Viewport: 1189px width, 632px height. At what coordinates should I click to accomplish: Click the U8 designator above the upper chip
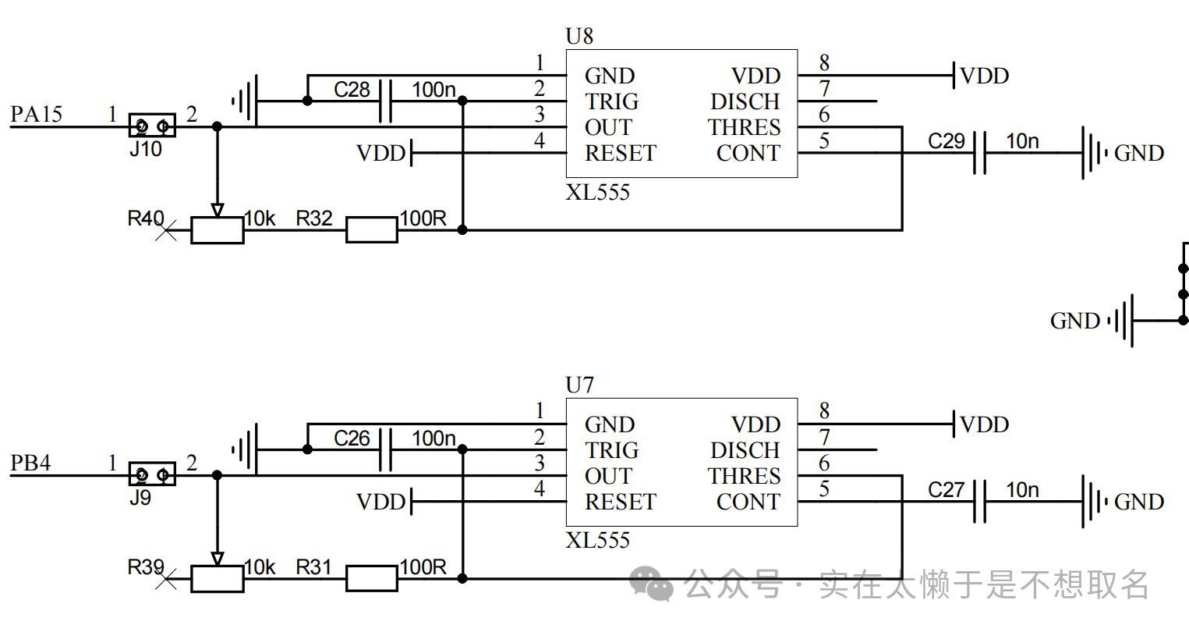(579, 36)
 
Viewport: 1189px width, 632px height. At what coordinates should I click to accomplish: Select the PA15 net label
(36, 114)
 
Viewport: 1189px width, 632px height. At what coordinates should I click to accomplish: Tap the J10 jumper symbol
(152, 126)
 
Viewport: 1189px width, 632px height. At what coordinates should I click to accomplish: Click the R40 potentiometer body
(217, 230)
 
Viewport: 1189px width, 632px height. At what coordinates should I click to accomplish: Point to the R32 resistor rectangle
(372, 229)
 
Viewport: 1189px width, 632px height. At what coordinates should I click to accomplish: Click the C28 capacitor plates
(386, 101)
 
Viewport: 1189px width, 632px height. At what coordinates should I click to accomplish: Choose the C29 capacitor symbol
(980, 153)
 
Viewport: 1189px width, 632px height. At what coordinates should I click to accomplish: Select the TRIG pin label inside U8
(611, 101)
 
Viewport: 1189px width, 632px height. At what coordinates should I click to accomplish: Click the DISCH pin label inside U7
(745, 450)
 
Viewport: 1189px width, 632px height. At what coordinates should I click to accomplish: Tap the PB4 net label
(30, 463)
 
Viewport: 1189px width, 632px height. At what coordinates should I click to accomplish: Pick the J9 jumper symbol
(152, 474)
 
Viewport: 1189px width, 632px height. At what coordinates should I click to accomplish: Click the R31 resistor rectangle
(372, 578)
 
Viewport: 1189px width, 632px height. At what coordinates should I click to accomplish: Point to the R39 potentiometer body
(217, 579)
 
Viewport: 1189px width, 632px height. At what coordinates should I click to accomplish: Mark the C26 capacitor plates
(386, 449)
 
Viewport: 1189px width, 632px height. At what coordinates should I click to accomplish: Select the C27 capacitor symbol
(980, 502)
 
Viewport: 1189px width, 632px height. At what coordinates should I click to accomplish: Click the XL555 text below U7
(597, 541)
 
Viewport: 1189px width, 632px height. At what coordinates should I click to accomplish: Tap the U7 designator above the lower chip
(579, 385)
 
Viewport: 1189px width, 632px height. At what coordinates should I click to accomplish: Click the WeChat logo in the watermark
(651, 583)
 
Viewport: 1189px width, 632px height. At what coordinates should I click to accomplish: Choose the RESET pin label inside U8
(621, 153)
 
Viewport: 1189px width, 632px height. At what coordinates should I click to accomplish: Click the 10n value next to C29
(1022, 141)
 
